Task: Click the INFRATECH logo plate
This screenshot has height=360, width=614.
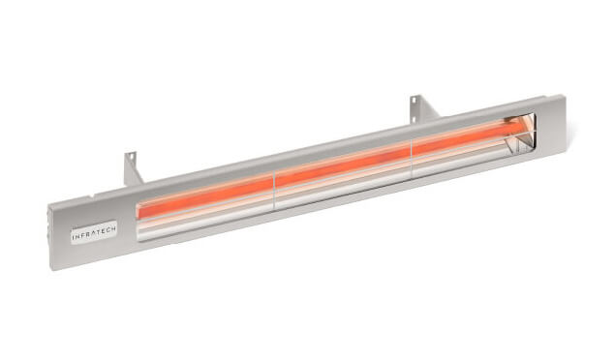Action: coord(94,232)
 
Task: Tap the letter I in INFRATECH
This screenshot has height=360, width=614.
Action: coord(74,237)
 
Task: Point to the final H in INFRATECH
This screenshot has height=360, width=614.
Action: coord(113,229)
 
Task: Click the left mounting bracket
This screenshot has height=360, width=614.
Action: coord(133,168)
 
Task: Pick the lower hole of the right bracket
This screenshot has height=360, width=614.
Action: coord(413,118)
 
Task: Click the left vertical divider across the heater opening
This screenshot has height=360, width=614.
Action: coord(274,191)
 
